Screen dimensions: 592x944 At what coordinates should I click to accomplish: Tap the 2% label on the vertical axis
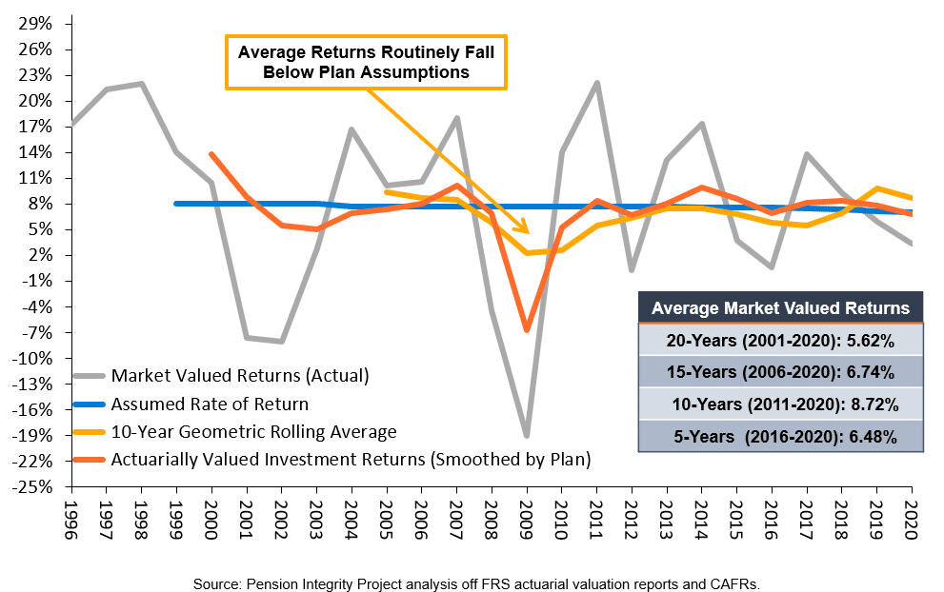tap(42, 255)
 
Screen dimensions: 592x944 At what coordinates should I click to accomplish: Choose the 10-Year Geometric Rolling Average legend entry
tap(253, 431)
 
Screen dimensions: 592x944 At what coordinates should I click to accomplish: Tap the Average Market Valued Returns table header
tap(780, 307)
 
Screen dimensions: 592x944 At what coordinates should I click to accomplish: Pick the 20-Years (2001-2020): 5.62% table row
tap(780, 341)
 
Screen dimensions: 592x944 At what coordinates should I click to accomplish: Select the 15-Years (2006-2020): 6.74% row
tap(780, 372)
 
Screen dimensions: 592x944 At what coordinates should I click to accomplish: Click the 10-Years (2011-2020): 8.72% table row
tap(780, 405)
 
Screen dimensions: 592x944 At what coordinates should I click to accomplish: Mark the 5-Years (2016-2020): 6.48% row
tap(780, 436)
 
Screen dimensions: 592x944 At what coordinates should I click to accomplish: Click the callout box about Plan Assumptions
tap(366, 62)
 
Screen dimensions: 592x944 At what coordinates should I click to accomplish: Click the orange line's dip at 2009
tap(526, 330)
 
